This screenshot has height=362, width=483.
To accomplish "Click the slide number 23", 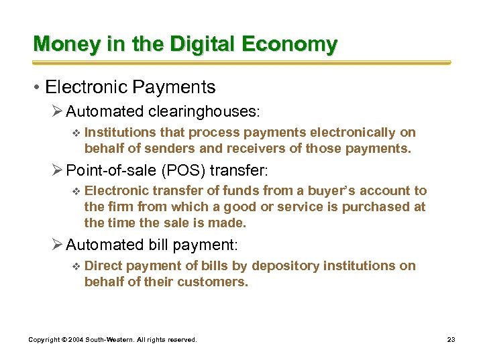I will click(451, 340).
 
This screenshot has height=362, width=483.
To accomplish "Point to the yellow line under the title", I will click(241, 63).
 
